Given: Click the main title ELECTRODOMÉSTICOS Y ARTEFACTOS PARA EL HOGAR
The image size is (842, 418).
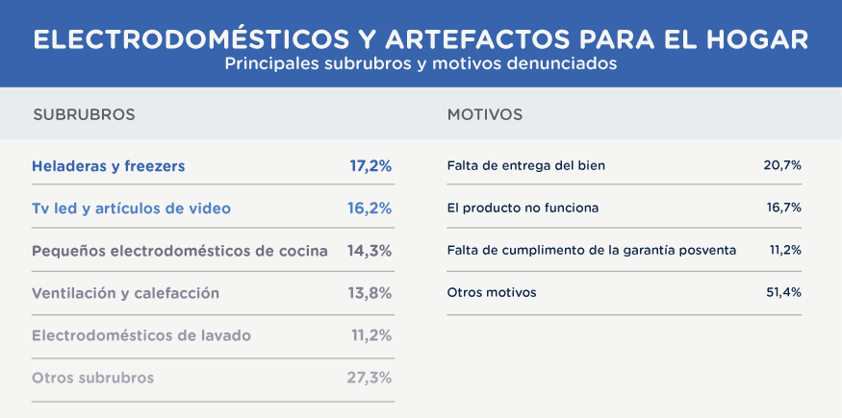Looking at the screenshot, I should coord(421,39).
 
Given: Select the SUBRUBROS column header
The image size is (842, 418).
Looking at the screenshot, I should coord(84,115).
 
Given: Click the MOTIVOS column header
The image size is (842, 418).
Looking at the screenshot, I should coord(485,115).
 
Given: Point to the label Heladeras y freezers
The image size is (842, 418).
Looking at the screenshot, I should coord(108,166).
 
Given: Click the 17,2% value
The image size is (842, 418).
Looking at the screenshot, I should coord(370,166).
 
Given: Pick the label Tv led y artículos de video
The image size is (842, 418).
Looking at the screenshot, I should coord(131,208).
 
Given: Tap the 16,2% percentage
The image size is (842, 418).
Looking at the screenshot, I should coord(370,208).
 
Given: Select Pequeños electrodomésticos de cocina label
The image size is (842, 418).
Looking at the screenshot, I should coord(180,251).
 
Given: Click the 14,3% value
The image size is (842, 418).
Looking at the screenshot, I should coord(370,251).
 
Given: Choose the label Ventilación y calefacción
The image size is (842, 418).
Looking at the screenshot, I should coord(126,293).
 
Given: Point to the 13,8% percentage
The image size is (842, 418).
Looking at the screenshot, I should coord(370,293).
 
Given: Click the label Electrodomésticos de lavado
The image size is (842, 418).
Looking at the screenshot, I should coord(141,335).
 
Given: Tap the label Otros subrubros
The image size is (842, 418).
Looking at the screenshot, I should coord(92,378).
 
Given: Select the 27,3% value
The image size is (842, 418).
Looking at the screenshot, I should coord(370,378).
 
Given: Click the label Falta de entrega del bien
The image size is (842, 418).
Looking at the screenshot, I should coord(526,165).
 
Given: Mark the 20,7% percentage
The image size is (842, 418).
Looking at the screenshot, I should coord(782,165).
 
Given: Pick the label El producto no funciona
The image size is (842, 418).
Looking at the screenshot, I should coord(523,208).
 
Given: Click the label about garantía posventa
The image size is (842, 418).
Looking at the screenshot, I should coord(592,250).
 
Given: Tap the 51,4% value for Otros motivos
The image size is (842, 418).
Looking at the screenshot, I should coord(783,292).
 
